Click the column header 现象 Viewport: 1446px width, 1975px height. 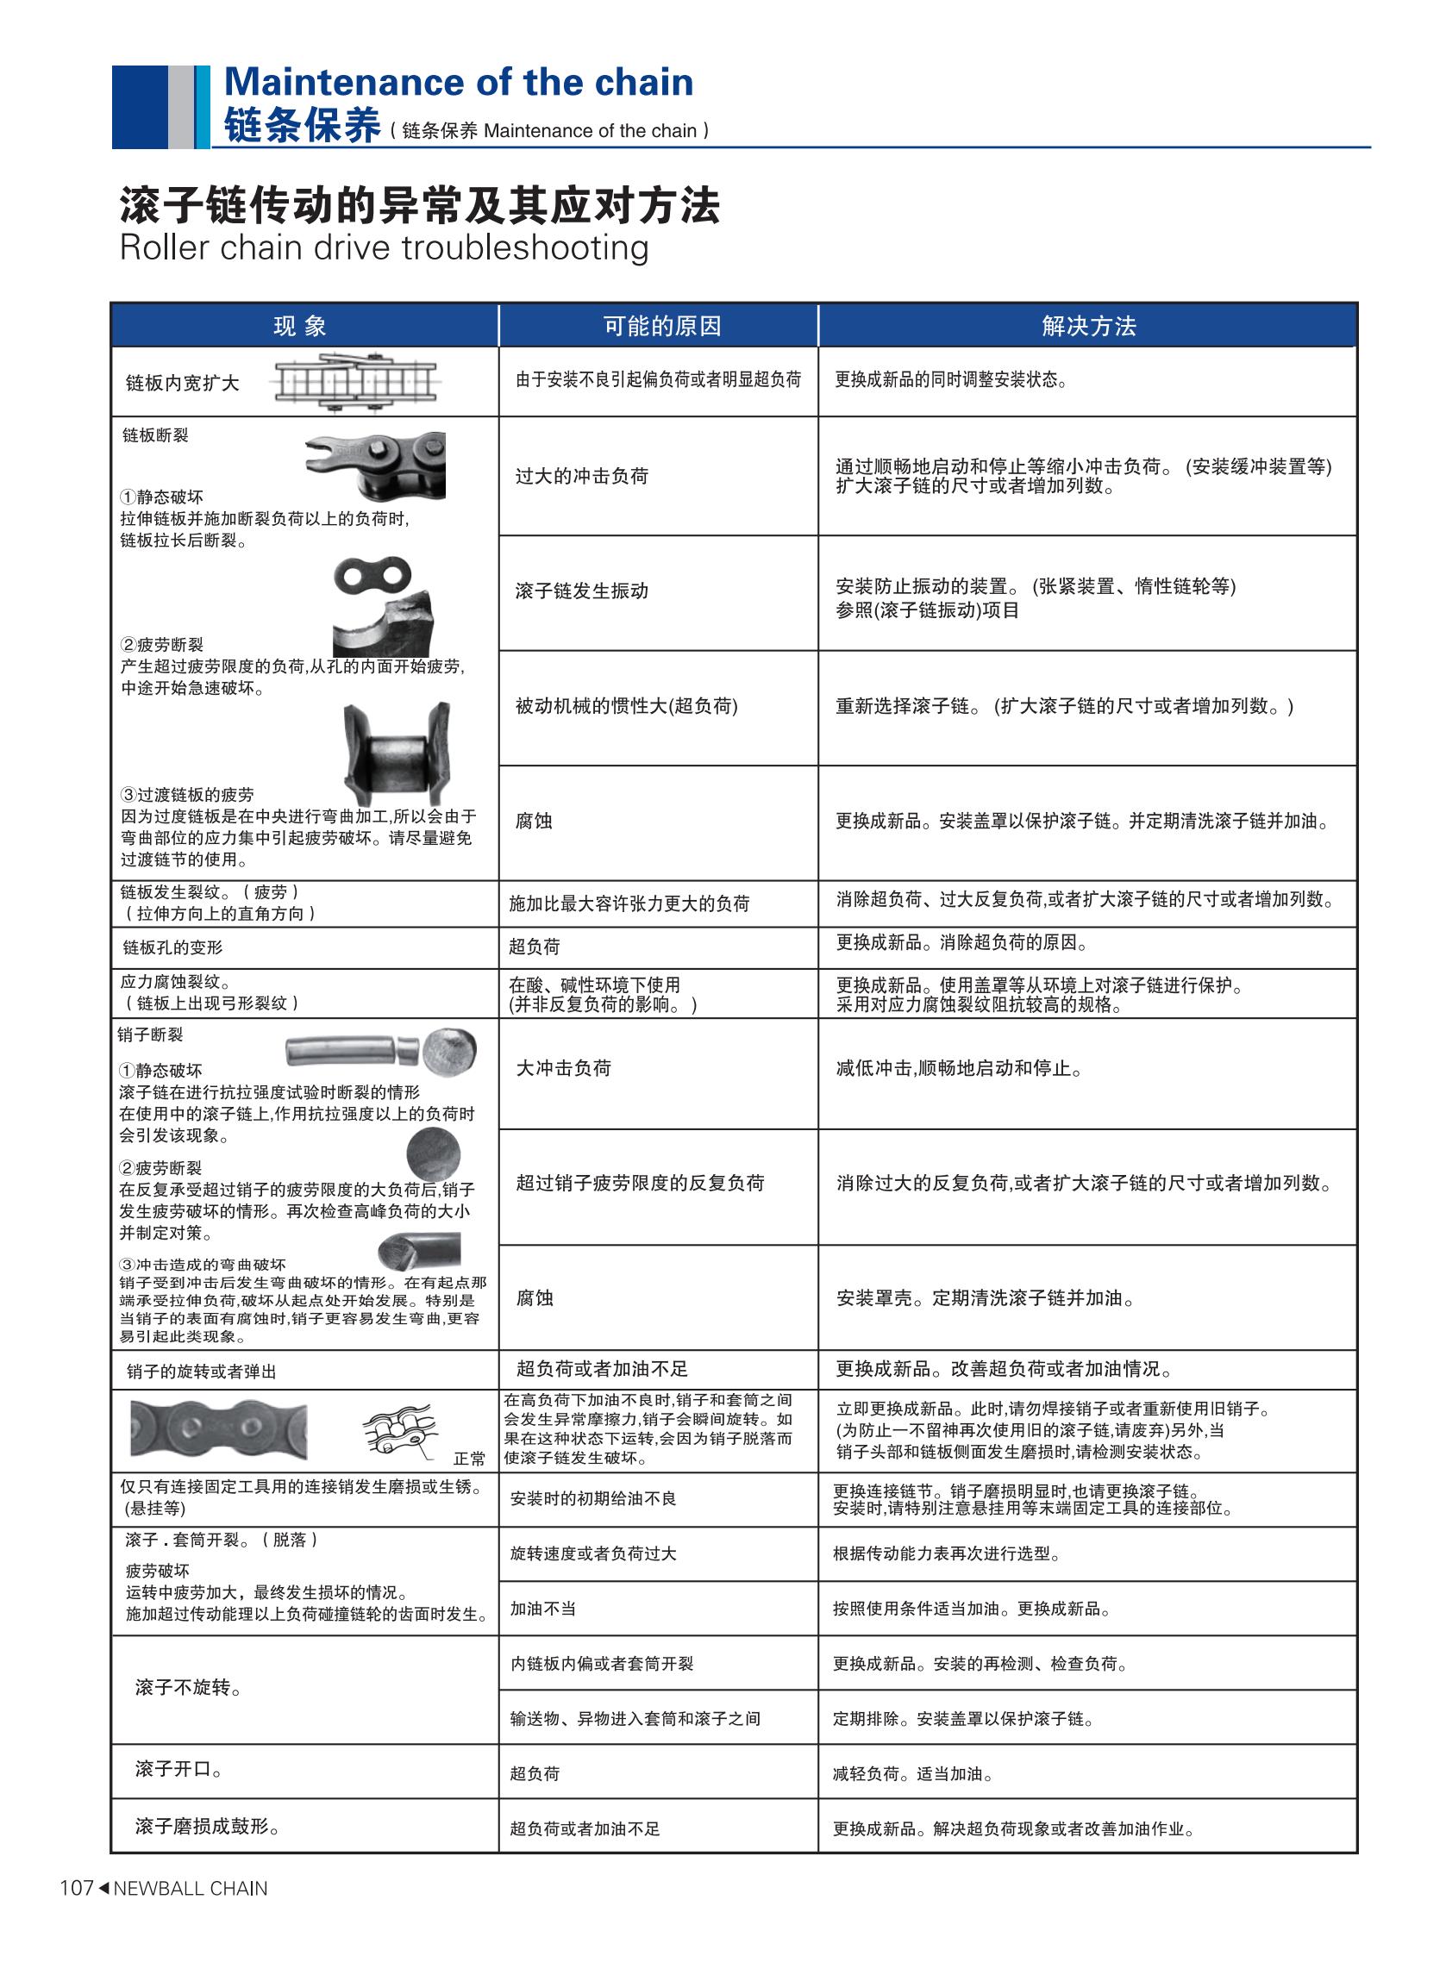click(x=300, y=327)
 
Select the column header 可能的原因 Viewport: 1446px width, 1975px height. click(x=661, y=327)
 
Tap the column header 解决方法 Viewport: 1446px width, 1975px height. click(x=1088, y=327)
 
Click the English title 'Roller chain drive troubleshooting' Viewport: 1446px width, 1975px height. click(x=384, y=247)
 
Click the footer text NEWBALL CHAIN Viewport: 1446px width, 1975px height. click(x=190, y=1889)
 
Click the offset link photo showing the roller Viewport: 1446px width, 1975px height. click(x=397, y=753)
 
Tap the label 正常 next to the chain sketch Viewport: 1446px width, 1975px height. click(x=469, y=1459)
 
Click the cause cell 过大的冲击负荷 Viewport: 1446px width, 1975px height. click(x=582, y=476)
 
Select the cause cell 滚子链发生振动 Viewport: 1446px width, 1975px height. click(x=582, y=591)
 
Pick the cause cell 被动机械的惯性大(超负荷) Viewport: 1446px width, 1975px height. click(x=627, y=706)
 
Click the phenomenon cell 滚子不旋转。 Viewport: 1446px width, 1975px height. click(x=189, y=1687)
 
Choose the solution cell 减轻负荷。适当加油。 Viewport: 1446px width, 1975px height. click(x=911, y=1774)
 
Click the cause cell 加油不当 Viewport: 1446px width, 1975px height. click(x=542, y=1609)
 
